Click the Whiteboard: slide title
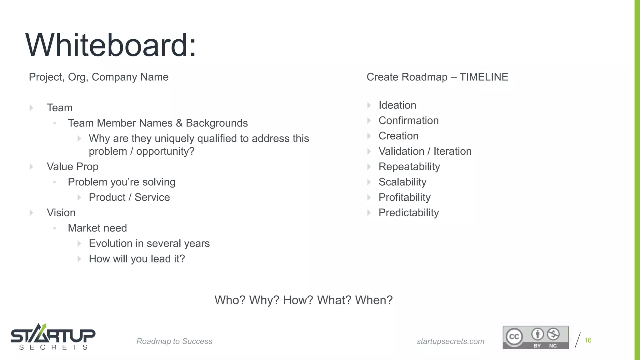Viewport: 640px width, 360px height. pos(111,45)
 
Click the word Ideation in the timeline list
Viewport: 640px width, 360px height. pos(397,105)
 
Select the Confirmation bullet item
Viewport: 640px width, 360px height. pos(408,121)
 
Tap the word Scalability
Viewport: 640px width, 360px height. pos(402,182)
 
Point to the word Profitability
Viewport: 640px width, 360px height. pos(404,197)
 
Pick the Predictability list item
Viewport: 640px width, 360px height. pos(408,213)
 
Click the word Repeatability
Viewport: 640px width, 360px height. pos(409,167)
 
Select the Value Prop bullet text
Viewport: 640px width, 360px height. pos(72,167)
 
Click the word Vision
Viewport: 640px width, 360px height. pos(61,213)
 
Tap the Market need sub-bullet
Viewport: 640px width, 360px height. pos(97,228)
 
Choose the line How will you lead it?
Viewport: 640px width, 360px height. pos(137,259)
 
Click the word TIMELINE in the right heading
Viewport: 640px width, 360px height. pos(484,77)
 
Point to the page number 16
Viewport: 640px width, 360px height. pos(588,340)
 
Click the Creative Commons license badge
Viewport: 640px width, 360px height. pos(535,337)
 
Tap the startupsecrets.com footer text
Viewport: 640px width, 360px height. pos(450,341)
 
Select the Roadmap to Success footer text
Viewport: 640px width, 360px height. pos(174,341)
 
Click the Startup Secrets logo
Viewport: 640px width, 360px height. pos(53,337)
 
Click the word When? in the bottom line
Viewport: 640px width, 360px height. pos(374,300)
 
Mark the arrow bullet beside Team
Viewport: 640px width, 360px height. pos(31,108)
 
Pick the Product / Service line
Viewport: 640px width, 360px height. pos(129,197)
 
